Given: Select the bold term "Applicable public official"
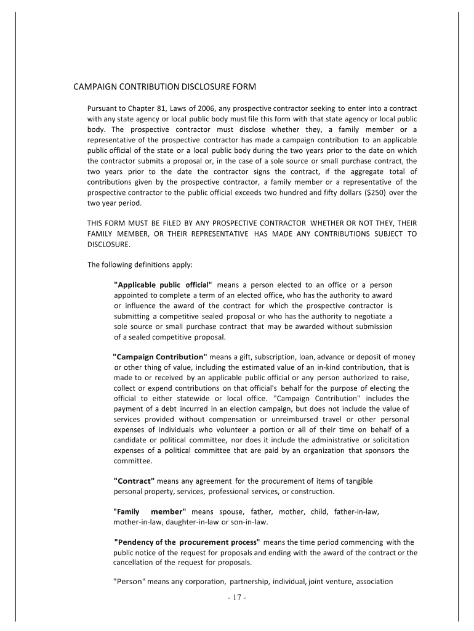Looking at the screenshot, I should coord(163,285).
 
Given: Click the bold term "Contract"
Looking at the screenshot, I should coord(135,481).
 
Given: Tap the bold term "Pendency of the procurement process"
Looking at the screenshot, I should coord(188,542).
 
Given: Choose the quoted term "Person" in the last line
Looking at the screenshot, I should coord(129,581).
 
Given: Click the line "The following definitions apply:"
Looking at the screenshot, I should coord(140,265).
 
